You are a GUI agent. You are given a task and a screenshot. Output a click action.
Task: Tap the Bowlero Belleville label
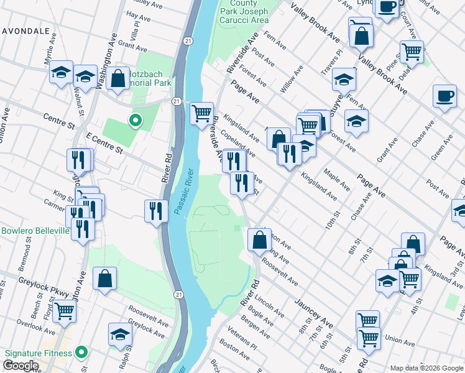[x=35, y=231]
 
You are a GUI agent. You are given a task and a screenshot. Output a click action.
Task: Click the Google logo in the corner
[x=21, y=366]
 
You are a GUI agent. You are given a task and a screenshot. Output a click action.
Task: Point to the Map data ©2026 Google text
[x=426, y=368]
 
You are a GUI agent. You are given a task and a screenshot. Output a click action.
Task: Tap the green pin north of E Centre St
[x=134, y=120]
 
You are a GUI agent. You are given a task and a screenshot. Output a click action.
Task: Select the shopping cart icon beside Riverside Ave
[x=201, y=114]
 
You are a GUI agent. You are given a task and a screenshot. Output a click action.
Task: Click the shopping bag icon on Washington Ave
[x=117, y=78]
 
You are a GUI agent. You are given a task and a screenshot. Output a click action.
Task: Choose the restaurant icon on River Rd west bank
[x=155, y=210]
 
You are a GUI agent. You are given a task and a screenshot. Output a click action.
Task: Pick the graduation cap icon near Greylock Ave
[x=120, y=334]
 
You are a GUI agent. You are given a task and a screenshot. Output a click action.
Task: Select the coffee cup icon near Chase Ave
[x=444, y=96]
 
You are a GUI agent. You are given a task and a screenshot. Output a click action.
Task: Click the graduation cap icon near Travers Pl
[x=343, y=79]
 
